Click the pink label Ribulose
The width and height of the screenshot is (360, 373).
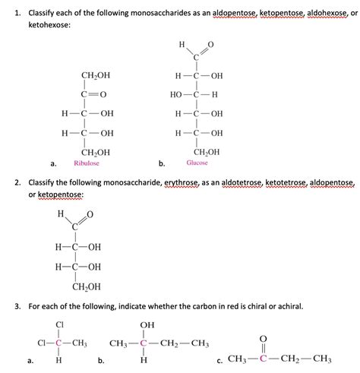tap(86, 163)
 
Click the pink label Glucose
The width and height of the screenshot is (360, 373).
tap(197, 163)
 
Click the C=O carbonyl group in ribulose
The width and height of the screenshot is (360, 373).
tap(95, 94)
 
